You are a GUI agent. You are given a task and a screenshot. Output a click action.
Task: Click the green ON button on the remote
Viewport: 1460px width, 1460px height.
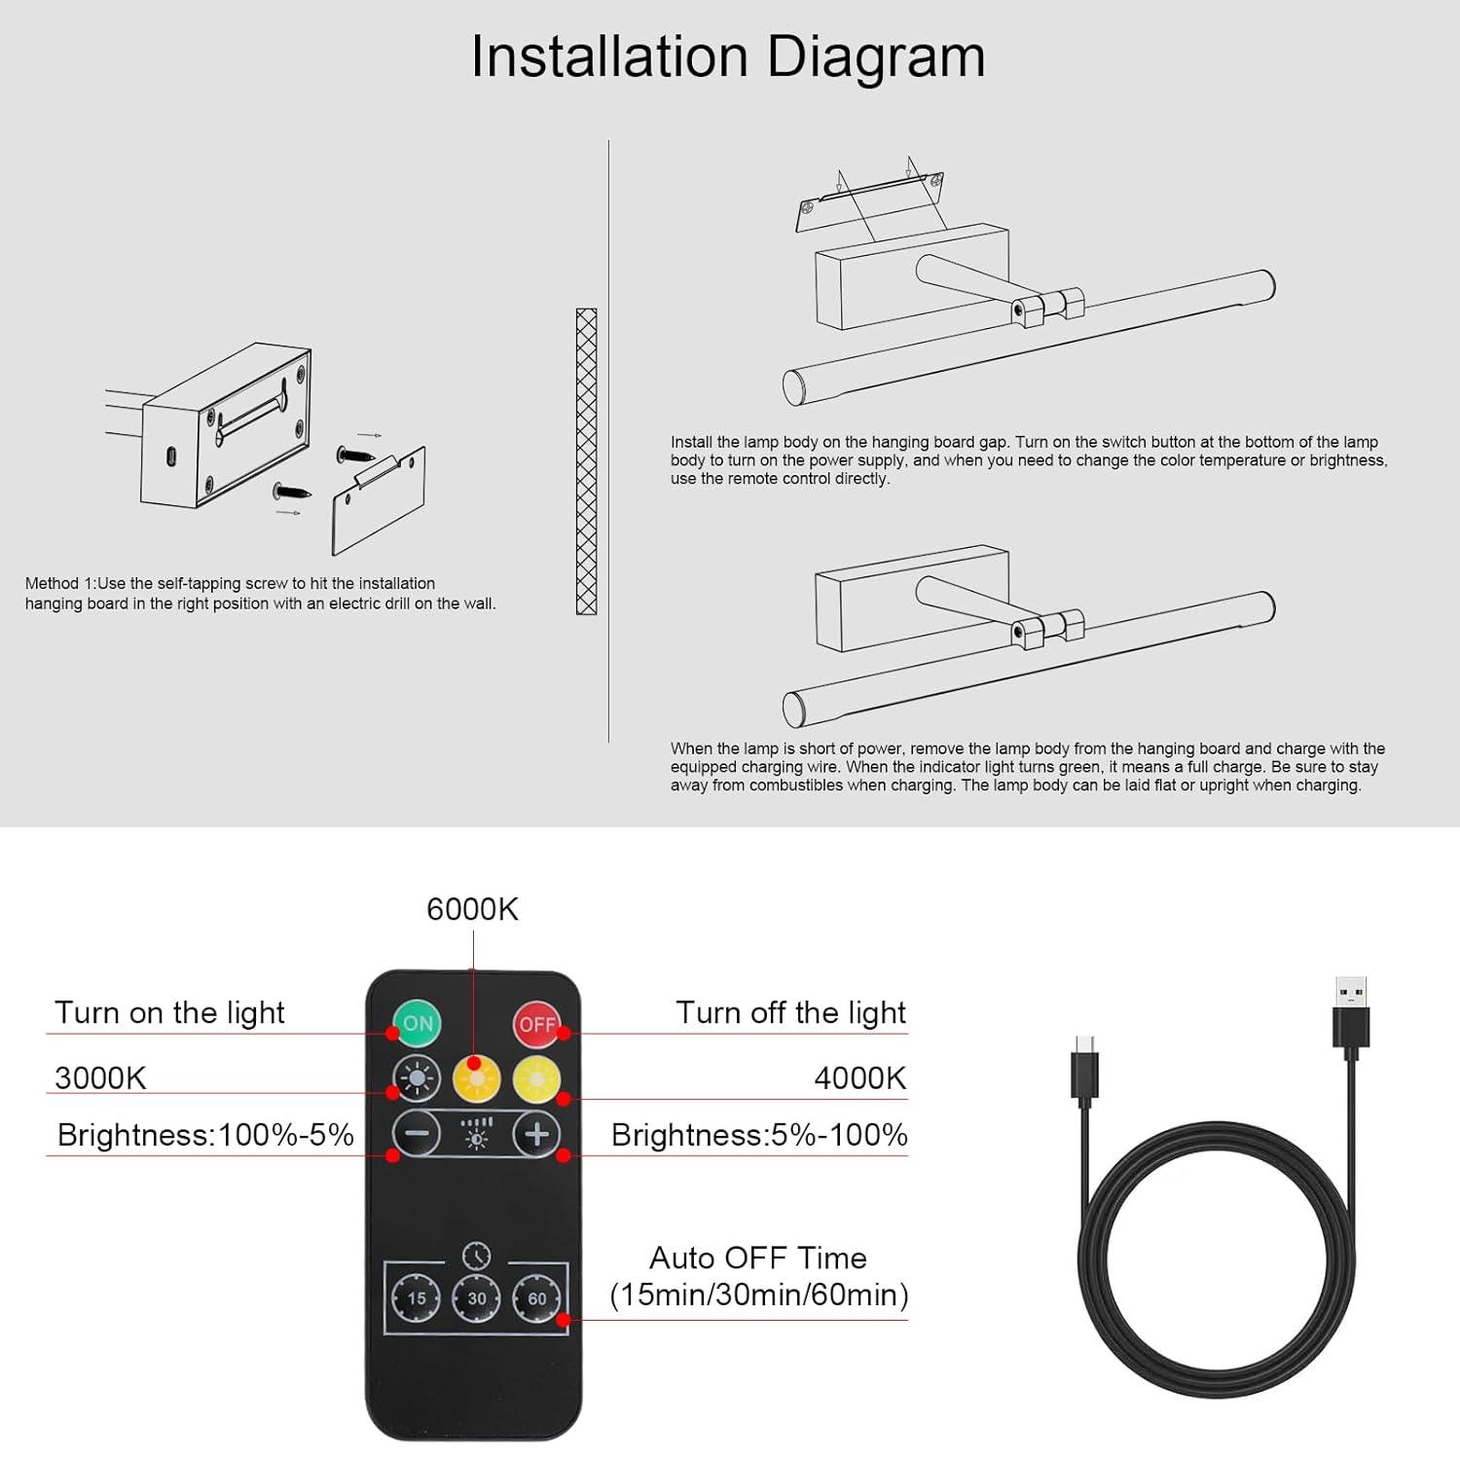coord(417,1023)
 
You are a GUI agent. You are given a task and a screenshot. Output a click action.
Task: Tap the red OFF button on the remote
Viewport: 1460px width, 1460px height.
coord(537,1024)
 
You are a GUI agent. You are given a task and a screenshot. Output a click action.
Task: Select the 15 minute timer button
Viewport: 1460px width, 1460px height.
coord(417,1298)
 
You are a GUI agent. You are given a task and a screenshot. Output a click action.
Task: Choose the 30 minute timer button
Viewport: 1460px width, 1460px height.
coord(477,1298)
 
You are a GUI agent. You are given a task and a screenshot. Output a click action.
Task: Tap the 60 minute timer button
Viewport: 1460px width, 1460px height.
coord(537,1298)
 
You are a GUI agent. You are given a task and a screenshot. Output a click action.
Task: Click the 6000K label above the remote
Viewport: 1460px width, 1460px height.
coord(472,909)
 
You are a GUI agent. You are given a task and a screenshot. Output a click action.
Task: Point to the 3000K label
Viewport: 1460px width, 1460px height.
coord(100,1078)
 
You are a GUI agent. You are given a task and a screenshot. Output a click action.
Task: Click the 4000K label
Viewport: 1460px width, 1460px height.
coord(860,1078)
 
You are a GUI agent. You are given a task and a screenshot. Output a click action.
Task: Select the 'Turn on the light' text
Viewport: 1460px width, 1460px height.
coord(169,1013)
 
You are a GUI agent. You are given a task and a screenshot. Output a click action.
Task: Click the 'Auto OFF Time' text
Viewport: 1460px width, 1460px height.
coord(758,1258)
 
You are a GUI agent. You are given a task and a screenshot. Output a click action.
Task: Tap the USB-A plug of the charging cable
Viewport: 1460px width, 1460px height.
coord(1351,1017)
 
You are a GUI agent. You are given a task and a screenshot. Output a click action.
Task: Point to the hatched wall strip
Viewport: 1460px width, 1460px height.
coord(586,461)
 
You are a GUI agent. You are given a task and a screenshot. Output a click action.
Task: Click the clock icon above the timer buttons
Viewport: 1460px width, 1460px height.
coord(476,1255)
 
